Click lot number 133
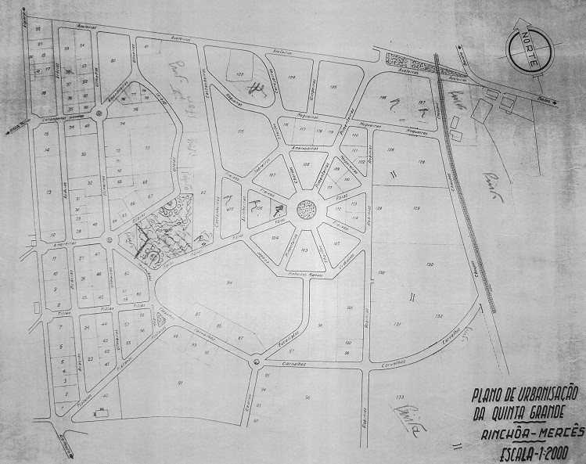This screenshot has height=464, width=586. [x=401, y=396]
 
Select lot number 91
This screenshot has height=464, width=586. [x=180, y=382]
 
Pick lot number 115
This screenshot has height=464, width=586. [x=241, y=131]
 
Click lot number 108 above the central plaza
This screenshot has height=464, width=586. [x=304, y=165]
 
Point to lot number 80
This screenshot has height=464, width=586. [x=114, y=59]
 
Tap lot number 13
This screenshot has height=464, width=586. [x=49, y=192]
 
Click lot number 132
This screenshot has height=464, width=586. [x=439, y=316]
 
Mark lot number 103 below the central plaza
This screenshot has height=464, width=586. [x=304, y=251]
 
